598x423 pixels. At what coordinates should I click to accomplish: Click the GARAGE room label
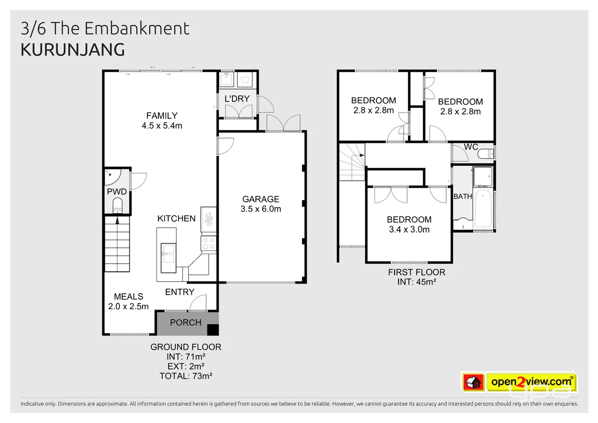[261, 199]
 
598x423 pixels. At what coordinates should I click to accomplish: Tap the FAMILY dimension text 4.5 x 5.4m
[162, 126]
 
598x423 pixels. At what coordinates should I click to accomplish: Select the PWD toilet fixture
[117, 206]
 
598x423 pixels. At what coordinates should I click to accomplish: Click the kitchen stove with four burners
[209, 244]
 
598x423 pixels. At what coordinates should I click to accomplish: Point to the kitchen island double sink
[168, 254]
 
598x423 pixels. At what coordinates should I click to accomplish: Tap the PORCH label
[186, 322]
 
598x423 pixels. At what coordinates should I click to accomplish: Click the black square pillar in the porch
[213, 329]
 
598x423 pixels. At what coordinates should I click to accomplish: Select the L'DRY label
[237, 99]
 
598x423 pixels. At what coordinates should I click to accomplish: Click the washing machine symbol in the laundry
[245, 80]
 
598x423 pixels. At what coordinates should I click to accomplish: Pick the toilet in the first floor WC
[486, 154]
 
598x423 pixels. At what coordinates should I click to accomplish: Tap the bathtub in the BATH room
[483, 208]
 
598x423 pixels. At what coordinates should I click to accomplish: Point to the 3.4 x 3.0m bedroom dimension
[409, 230]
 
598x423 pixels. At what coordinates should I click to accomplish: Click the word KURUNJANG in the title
[73, 50]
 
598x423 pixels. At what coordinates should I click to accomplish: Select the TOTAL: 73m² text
[186, 376]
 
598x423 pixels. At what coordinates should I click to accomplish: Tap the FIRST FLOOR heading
[416, 272]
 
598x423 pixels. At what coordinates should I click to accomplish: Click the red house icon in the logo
[473, 382]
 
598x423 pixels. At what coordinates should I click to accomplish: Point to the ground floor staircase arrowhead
[117, 220]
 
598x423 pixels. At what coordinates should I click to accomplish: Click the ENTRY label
[180, 292]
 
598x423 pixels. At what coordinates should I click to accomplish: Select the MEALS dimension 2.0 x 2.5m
[128, 307]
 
